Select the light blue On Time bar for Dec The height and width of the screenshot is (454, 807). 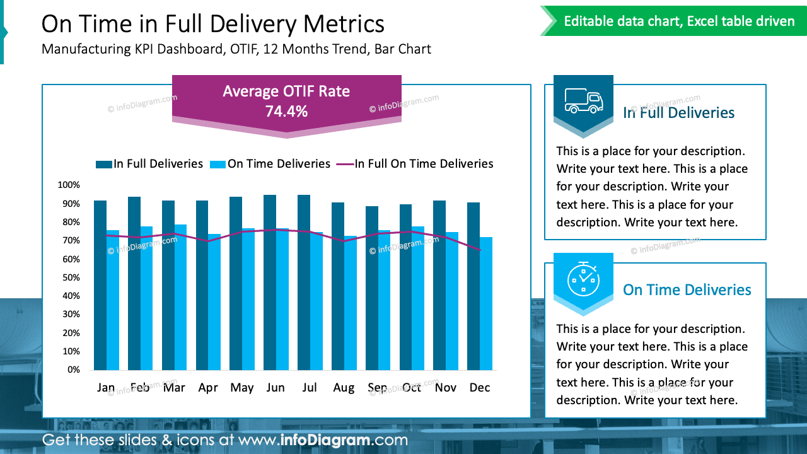point(485,303)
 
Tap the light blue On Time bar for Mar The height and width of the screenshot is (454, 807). point(180,297)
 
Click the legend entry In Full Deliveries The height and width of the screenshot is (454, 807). point(149,164)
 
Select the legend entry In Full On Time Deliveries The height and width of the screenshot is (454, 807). point(415,164)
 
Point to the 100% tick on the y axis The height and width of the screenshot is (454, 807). point(69,185)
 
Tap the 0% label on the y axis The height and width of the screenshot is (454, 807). point(73,370)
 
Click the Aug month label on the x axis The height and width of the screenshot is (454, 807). point(344,388)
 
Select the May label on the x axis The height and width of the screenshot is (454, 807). point(241,388)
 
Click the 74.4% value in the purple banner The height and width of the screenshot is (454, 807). point(286,112)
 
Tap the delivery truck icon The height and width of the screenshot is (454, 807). point(583,101)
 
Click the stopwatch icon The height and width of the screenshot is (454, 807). point(583,279)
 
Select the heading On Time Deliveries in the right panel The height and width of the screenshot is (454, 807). point(687,290)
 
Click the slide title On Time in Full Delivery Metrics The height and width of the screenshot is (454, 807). point(213,24)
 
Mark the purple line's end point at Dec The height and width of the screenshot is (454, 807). point(480,250)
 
